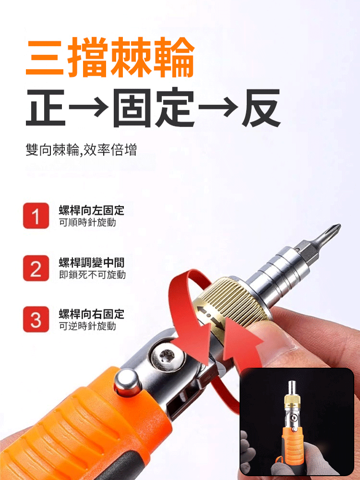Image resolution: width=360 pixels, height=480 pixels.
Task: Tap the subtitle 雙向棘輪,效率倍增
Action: click(81, 150)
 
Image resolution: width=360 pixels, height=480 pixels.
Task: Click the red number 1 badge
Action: click(36, 216)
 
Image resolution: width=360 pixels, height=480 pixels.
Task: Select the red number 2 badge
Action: click(36, 268)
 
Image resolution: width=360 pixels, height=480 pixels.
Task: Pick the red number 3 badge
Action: click(36, 319)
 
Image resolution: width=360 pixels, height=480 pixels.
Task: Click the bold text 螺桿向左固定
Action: click(91, 210)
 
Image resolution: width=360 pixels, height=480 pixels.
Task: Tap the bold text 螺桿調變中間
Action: click(91, 263)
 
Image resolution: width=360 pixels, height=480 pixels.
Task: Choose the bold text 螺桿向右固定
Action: click(91, 314)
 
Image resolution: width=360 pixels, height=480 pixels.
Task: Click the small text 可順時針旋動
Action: click(87, 223)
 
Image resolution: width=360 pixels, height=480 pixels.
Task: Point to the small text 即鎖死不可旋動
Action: click(92, 275)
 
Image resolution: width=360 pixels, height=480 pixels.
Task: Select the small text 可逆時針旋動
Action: click(87, 326)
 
